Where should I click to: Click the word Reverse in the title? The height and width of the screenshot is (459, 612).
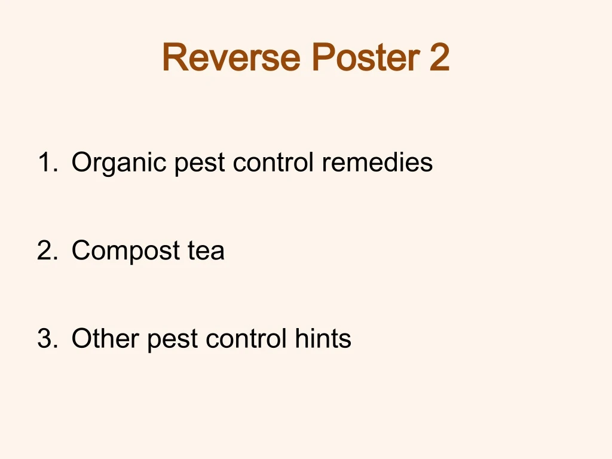pos(232,57)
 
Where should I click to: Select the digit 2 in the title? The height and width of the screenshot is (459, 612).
pos(439,57)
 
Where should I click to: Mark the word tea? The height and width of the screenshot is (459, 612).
pos(206,250)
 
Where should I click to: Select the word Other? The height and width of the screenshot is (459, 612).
pos(105,339)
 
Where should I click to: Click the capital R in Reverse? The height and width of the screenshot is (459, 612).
pos(173,57)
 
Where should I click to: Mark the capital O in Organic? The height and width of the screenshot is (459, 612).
pos(81,162)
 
